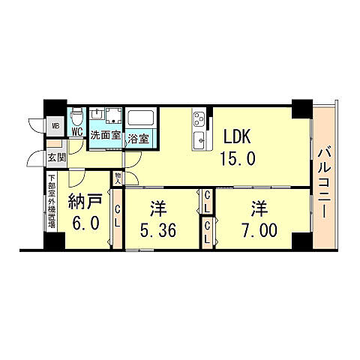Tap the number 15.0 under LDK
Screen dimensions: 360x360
coord(238,158)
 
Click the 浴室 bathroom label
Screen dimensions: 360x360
coord(138,138)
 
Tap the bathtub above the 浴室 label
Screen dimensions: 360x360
coord(140,118)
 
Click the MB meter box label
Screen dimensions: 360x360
coord(55,127)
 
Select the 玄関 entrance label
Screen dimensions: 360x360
coord(56,158)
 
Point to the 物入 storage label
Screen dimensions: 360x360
coord(118,178)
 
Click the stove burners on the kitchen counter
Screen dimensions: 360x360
coord(199,118)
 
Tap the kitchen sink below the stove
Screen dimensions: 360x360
coord(200,139)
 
